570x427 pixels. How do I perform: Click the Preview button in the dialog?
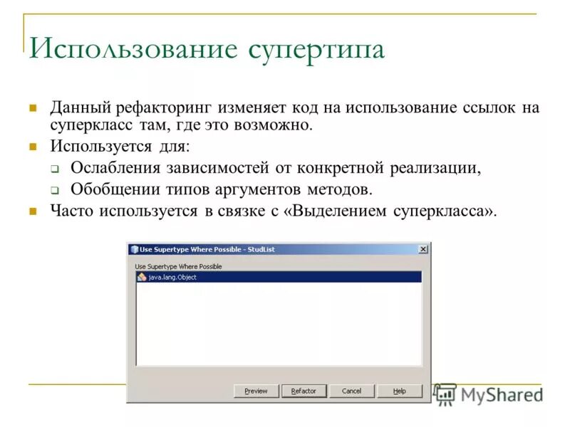coord(256,391)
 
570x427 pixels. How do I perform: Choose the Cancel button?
coord(351,391)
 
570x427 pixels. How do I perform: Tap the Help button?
coord(400,391)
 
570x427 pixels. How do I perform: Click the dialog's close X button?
coord(423,249)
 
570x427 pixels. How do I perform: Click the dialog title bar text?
coord(207,249)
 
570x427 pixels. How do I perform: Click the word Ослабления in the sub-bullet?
coord(116,169)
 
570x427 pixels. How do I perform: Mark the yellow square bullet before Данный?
coord(32,109)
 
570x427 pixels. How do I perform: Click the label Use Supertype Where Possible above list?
coord(178,266)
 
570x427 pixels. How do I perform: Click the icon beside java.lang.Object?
coord(142,277)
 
